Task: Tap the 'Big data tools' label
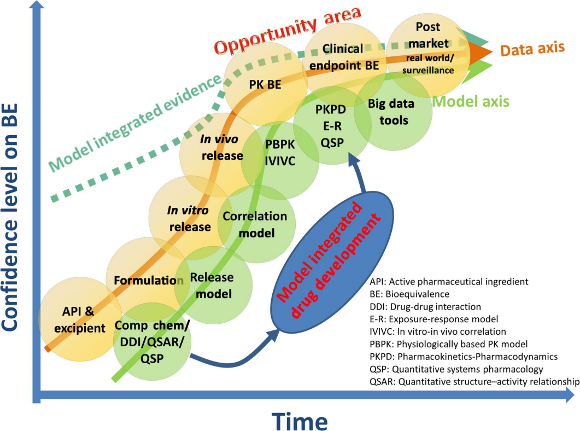(x=391, y=112)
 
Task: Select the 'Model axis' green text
(x=471, y=102)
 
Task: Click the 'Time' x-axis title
(x=301, y=420)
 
